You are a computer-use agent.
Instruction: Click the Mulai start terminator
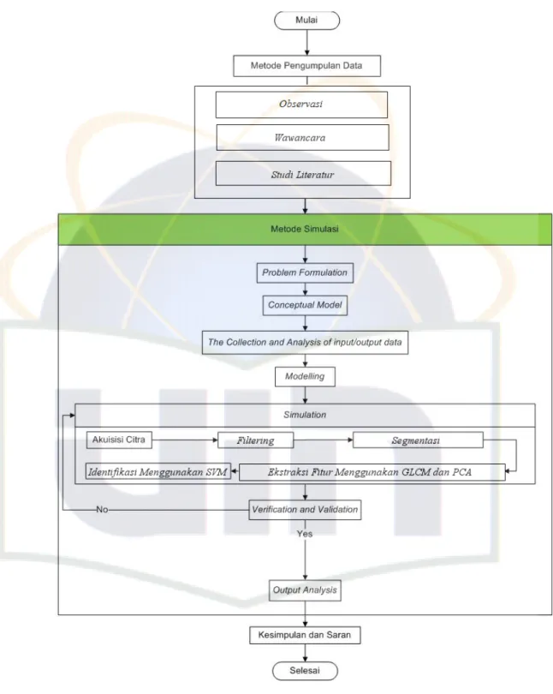tap(306, 21)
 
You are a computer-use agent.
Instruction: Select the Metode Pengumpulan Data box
tap(306, 66)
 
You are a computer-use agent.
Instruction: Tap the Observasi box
tap(301, 105)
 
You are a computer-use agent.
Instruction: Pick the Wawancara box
tap(302, 137)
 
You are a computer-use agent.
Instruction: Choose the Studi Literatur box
tap(303, 173)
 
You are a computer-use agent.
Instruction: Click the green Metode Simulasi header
tap(305, 230)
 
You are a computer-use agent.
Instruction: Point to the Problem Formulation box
tap(305, 272)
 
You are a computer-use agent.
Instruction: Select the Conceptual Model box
tap(305, 305)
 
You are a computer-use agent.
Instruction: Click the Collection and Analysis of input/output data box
tap(305, 343)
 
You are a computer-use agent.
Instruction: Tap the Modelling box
tap(305, 377)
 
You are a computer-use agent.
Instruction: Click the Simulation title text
tap(305, 415)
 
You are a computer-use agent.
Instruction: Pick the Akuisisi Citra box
tap(119, 440)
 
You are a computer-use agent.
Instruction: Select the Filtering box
tap(255, 440)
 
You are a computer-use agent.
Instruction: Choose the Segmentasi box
tap(418, 440)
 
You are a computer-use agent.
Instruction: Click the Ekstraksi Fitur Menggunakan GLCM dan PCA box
tap(372, 472)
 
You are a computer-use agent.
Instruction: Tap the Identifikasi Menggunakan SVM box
tap(158, 472)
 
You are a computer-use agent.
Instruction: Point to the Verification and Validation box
tap(305, 510)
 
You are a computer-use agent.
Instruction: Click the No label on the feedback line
tap(102, 510)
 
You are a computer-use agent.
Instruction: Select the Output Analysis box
tap(305, 590)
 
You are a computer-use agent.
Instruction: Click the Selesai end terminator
tap(305, 671)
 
